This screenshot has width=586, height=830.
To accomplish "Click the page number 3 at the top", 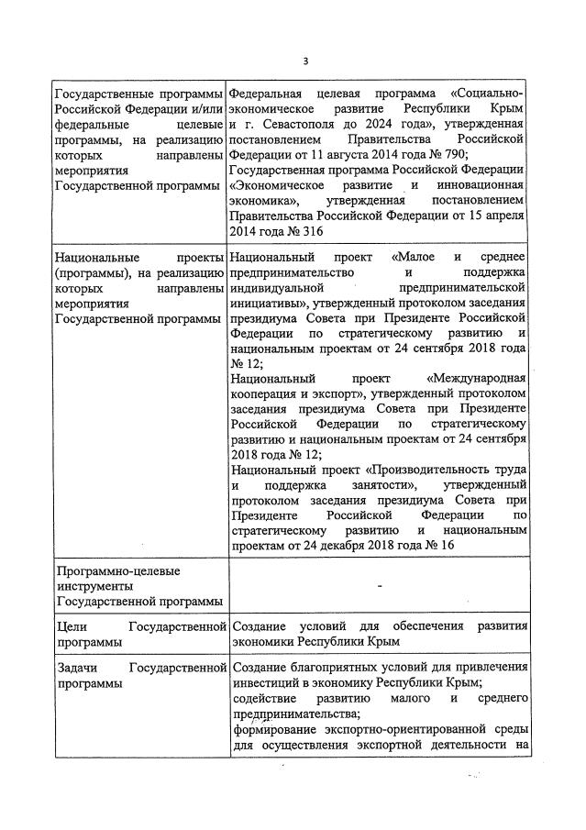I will point(305,61).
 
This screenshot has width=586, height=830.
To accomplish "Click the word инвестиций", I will point(268,682).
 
